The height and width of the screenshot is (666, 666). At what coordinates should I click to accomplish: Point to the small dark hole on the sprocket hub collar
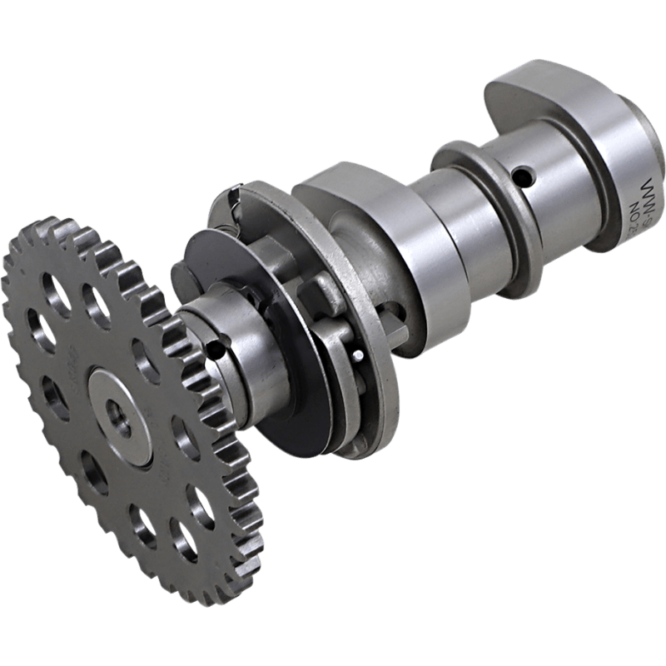point(217,350)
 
